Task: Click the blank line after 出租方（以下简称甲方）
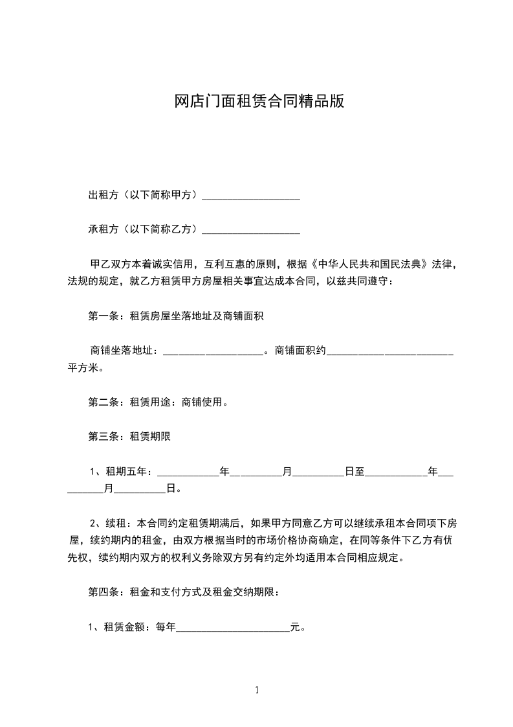pyautogui.click(x=251, y=196)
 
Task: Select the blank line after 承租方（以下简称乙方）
pyautogui.click(x=251, y=229)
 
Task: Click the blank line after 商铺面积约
pyautogui.click(x=389, y=351)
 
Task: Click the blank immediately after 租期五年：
pyautogui.click(x=188, y=471)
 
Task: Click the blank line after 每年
pyautogui.click(x=233, y=627)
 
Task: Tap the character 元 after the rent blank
pyautogui.click(x=295, y=627)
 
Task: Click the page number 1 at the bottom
pyautogui.click(x=257, y=690)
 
